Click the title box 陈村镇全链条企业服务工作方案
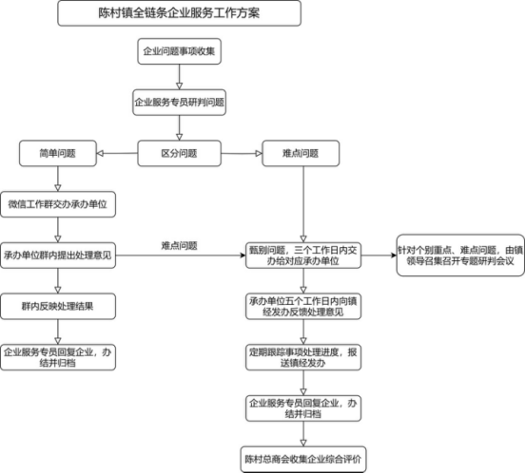(x=180, y=13)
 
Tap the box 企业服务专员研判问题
(x=180, y=101)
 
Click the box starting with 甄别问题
(x=302, y=255)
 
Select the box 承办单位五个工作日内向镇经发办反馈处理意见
(x=302, y=308)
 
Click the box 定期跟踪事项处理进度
(x=302, y=357)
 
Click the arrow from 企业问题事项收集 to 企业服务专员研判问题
(x=180, y=76)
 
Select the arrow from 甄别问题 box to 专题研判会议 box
(x=378, y=255)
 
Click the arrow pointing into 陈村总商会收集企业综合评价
(x=302, y=432)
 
